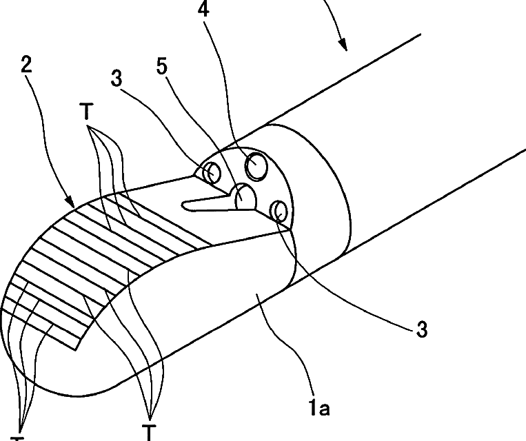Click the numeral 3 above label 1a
pyautogui.click(x=422, y=330)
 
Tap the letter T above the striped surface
pyautogui.click(x=88, y=113)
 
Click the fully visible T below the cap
pyautogui.click(x=148, y=432)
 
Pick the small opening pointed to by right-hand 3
pyautogui.click(x=279, y=209)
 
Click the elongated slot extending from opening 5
pyautogui.click(x=203, y=202)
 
